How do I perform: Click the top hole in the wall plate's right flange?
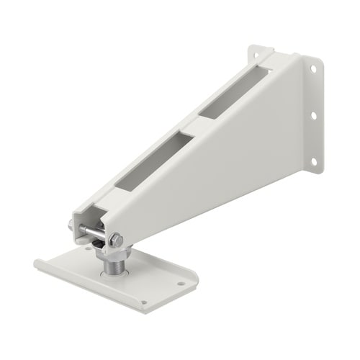(x=312, y=69)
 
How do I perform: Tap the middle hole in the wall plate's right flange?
(x=314, y=114)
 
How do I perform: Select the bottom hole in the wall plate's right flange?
(x=314, y=161)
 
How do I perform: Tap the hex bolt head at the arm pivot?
(x=116, y=239)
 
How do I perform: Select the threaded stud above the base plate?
(x=112, y=266)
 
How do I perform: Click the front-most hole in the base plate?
(x=144, y=302)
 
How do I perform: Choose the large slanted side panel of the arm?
(x=216, y=158)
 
